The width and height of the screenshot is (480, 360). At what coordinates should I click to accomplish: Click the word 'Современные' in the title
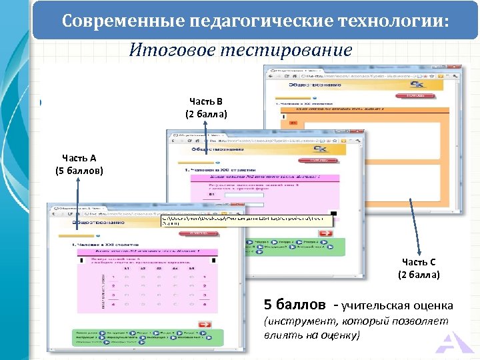point(113,21)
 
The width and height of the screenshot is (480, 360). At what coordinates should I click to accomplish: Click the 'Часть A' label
point(79,158)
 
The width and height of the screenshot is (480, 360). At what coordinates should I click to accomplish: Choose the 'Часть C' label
point(419,262)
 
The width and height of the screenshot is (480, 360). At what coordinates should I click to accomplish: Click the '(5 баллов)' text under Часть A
point(79,171)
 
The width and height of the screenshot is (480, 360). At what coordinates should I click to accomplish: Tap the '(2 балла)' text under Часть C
point(419,275)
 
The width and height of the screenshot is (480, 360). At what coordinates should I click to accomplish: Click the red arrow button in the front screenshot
point(205,325)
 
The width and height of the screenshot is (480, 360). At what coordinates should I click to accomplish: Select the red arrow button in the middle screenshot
point(326,233)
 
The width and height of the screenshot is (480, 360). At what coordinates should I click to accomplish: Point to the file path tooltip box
point(247,221)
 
